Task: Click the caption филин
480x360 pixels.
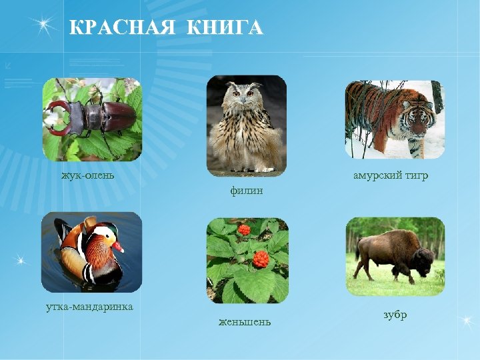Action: coord(246,191)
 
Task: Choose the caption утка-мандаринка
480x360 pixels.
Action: coord(89,307)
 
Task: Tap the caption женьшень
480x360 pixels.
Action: coord(245,323)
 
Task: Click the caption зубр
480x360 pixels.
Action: coord(395,315)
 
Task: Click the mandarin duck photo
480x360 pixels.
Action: coord(91,252)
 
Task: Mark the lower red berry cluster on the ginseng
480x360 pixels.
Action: coord(261,259)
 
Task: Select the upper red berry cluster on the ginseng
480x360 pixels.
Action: coord(244,230)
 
